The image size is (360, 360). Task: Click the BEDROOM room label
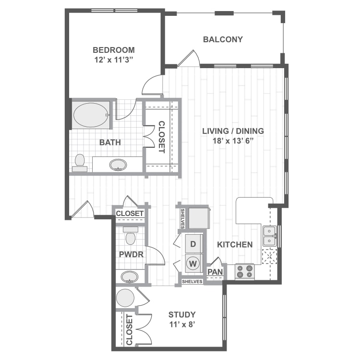coord(113,50)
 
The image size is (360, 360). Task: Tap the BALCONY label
coord(223,39)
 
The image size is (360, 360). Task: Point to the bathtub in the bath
coord(91,115)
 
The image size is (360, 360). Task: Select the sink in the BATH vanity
coord(118,165)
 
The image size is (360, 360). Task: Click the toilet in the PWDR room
coord(130,237)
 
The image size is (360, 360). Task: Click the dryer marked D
coord(193,244)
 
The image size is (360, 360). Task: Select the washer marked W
coord(193,263)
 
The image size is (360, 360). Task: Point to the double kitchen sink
coord(269,236)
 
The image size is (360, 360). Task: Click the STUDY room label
coord(182,314)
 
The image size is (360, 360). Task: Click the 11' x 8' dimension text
coord(182,324)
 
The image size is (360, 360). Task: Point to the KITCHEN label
coord(235,244)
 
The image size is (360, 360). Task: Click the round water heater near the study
coord(125,298)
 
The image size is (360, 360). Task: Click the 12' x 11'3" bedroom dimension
coord(113,60)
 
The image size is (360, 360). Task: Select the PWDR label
coord(132,254)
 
